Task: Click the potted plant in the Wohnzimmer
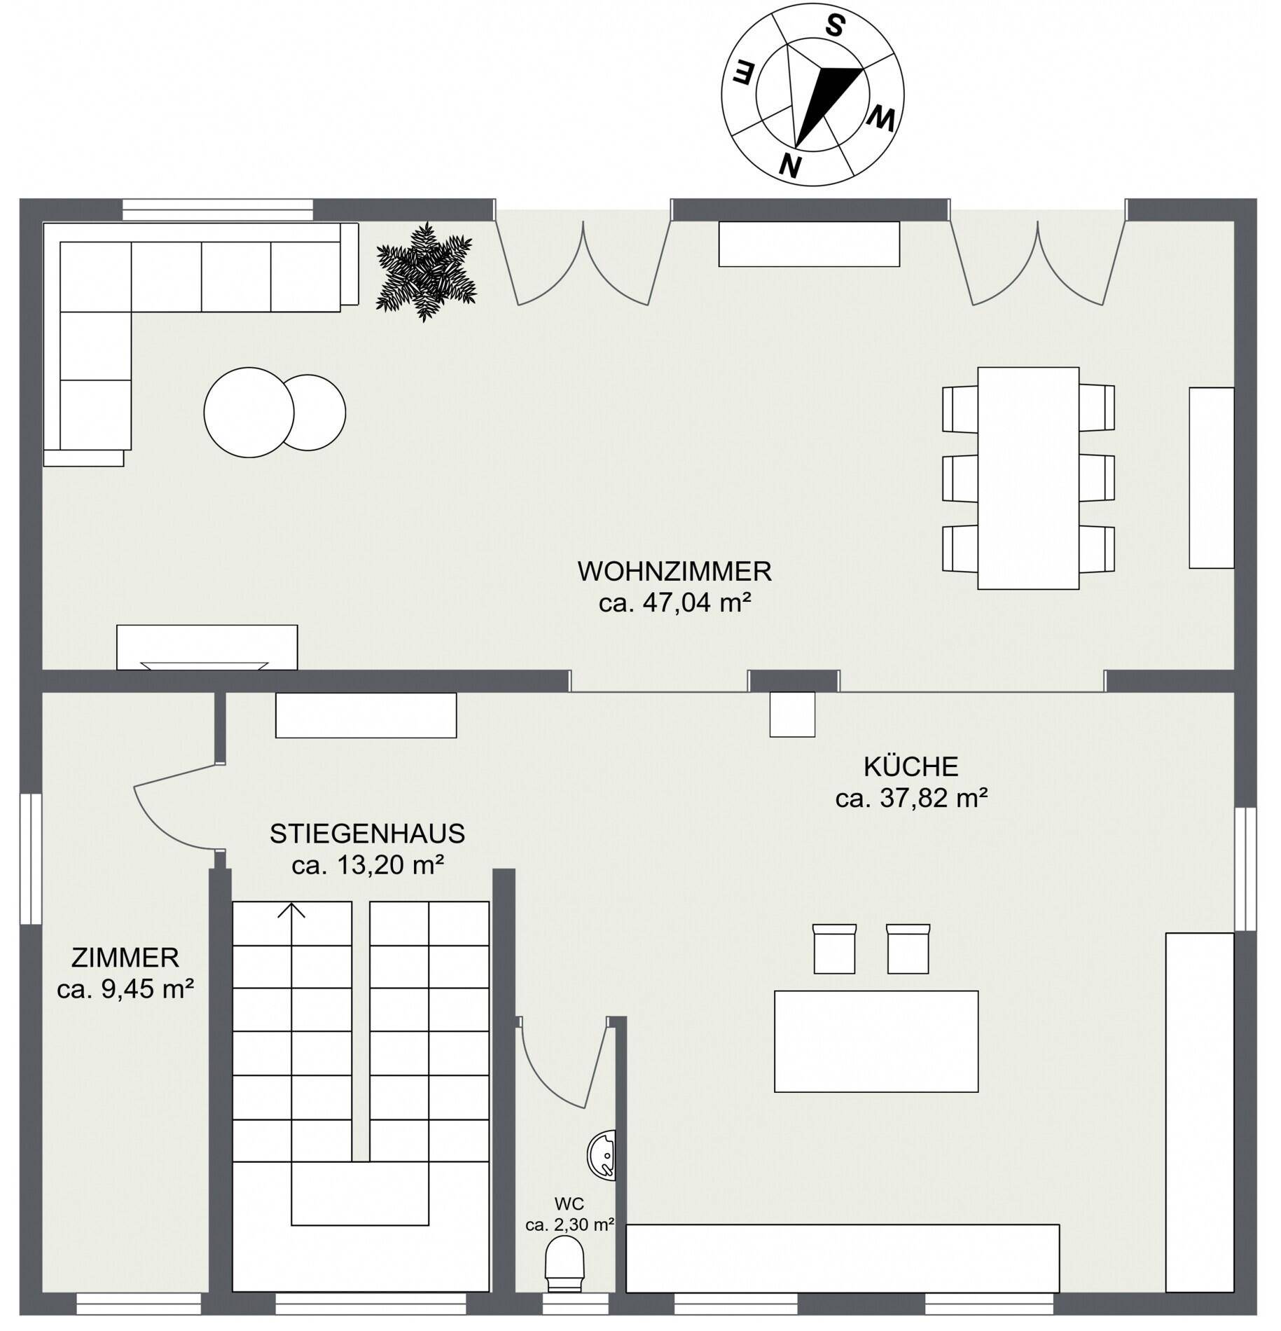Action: coord(426,272)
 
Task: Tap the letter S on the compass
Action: coord(833,26)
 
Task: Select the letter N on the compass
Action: coord(791,165)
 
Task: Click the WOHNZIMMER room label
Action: coord(674,572)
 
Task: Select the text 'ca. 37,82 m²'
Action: coord(911,798)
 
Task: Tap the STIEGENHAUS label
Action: coord(368,834)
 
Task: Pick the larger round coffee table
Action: coord(249,413)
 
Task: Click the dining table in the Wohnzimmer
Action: coord(1028,478)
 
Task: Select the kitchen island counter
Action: coord(876,1041)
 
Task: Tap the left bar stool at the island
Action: coord(834,949)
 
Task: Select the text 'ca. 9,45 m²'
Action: coord(125,989)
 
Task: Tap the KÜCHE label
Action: coord(910,766)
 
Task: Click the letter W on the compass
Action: coord(880,120)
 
